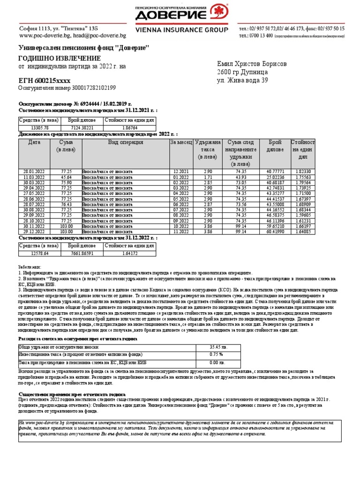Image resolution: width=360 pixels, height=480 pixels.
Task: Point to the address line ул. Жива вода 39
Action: (x=242, y=81)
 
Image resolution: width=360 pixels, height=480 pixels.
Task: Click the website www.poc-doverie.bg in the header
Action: (x=45, y=36)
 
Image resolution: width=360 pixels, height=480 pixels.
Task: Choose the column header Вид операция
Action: (x=125, y=142)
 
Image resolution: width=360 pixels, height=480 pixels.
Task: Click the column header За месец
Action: (x=180, y=142)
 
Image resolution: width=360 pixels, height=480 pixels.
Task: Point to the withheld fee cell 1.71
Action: (x=206, y=177)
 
